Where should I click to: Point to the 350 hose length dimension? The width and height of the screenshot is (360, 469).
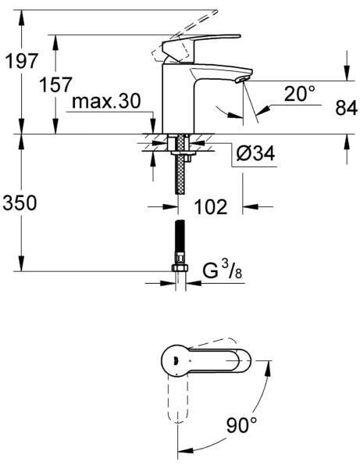21,205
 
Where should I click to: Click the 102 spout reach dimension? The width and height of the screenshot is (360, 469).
211,208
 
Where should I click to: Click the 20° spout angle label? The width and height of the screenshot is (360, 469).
300,94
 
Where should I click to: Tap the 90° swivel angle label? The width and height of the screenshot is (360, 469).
241,425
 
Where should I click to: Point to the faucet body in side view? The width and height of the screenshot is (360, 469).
176,98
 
